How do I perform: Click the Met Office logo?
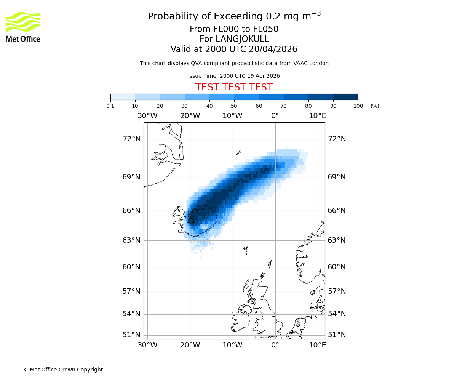pyautogui.click(x=23, y=27)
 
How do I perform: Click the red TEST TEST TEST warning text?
pyautogui.click(x=234, y=87)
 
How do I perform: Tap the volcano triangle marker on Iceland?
pyautogui.click(x=191, y=220)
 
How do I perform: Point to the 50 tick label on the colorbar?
pyautogui.click(x=234, y=106)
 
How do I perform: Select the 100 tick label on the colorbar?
pyautogui.click(x=358, y=106)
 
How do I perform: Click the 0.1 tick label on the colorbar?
pyautogui.click(x=110, y=106)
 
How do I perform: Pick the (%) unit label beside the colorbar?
pyautogui.click(x=375, y=106)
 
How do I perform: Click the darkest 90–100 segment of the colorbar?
pyautogui.click(x=345, y=97)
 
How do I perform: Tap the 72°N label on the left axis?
pyautogui.click(x=131, y=139)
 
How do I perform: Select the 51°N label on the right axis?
pyautogui.click(x=337, y=335)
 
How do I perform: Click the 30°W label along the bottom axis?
pyautogui.click(x=147, y=345)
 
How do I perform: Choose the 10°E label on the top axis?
pyautogui.click(x=317, y=116)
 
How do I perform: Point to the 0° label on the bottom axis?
pyautogui.click(x=275, y=345)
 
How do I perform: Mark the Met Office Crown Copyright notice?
pyautogui.click(x=63, y=370)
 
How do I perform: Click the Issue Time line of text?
pyautogui.click(x=234, y=76)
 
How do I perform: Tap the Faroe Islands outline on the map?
pyautogui.click(x=246, y=250)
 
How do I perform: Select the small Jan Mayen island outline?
pyautogui.click(x=239, y=152)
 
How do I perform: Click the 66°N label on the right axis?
pyautogui.click(x=337, y=211)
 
